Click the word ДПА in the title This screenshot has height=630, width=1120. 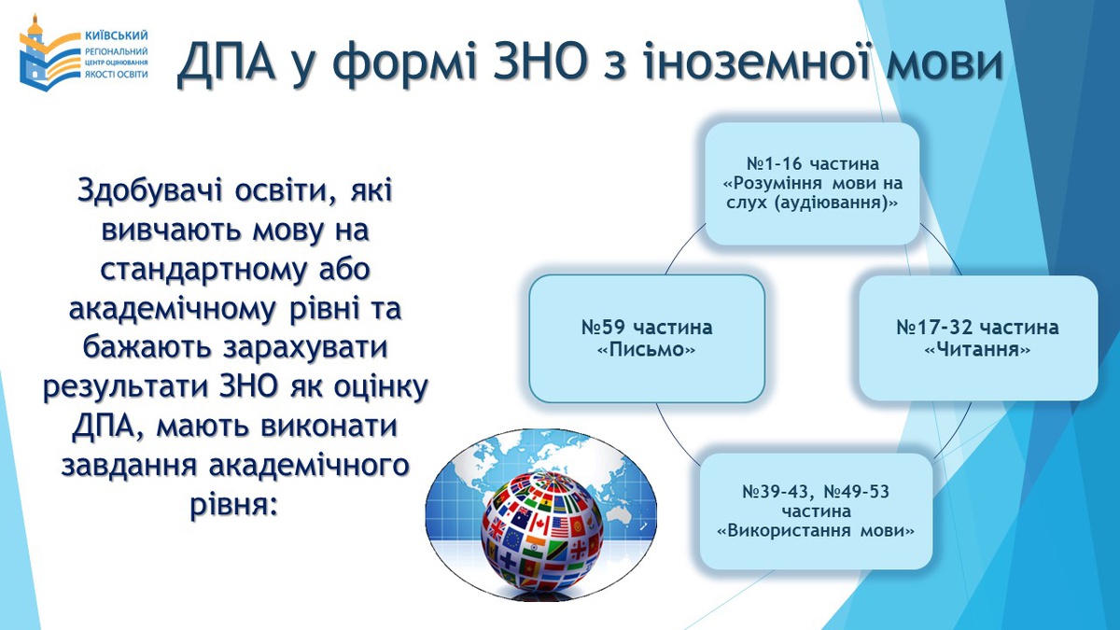tap(228, 63)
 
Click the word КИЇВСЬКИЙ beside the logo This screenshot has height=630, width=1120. tap(117, 35)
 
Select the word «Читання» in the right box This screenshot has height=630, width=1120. tap(977, 349)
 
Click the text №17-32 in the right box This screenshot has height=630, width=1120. tap(934, 328)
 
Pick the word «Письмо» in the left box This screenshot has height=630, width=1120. tap(647, 349)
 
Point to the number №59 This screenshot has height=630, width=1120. tap(605, 328)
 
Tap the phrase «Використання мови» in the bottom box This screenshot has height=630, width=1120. tap(816, 530)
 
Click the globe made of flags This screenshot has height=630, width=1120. tap(542, 533)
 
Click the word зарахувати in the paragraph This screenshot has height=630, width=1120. tap(305, 347)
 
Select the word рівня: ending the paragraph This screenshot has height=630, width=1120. tap(233, 505)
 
